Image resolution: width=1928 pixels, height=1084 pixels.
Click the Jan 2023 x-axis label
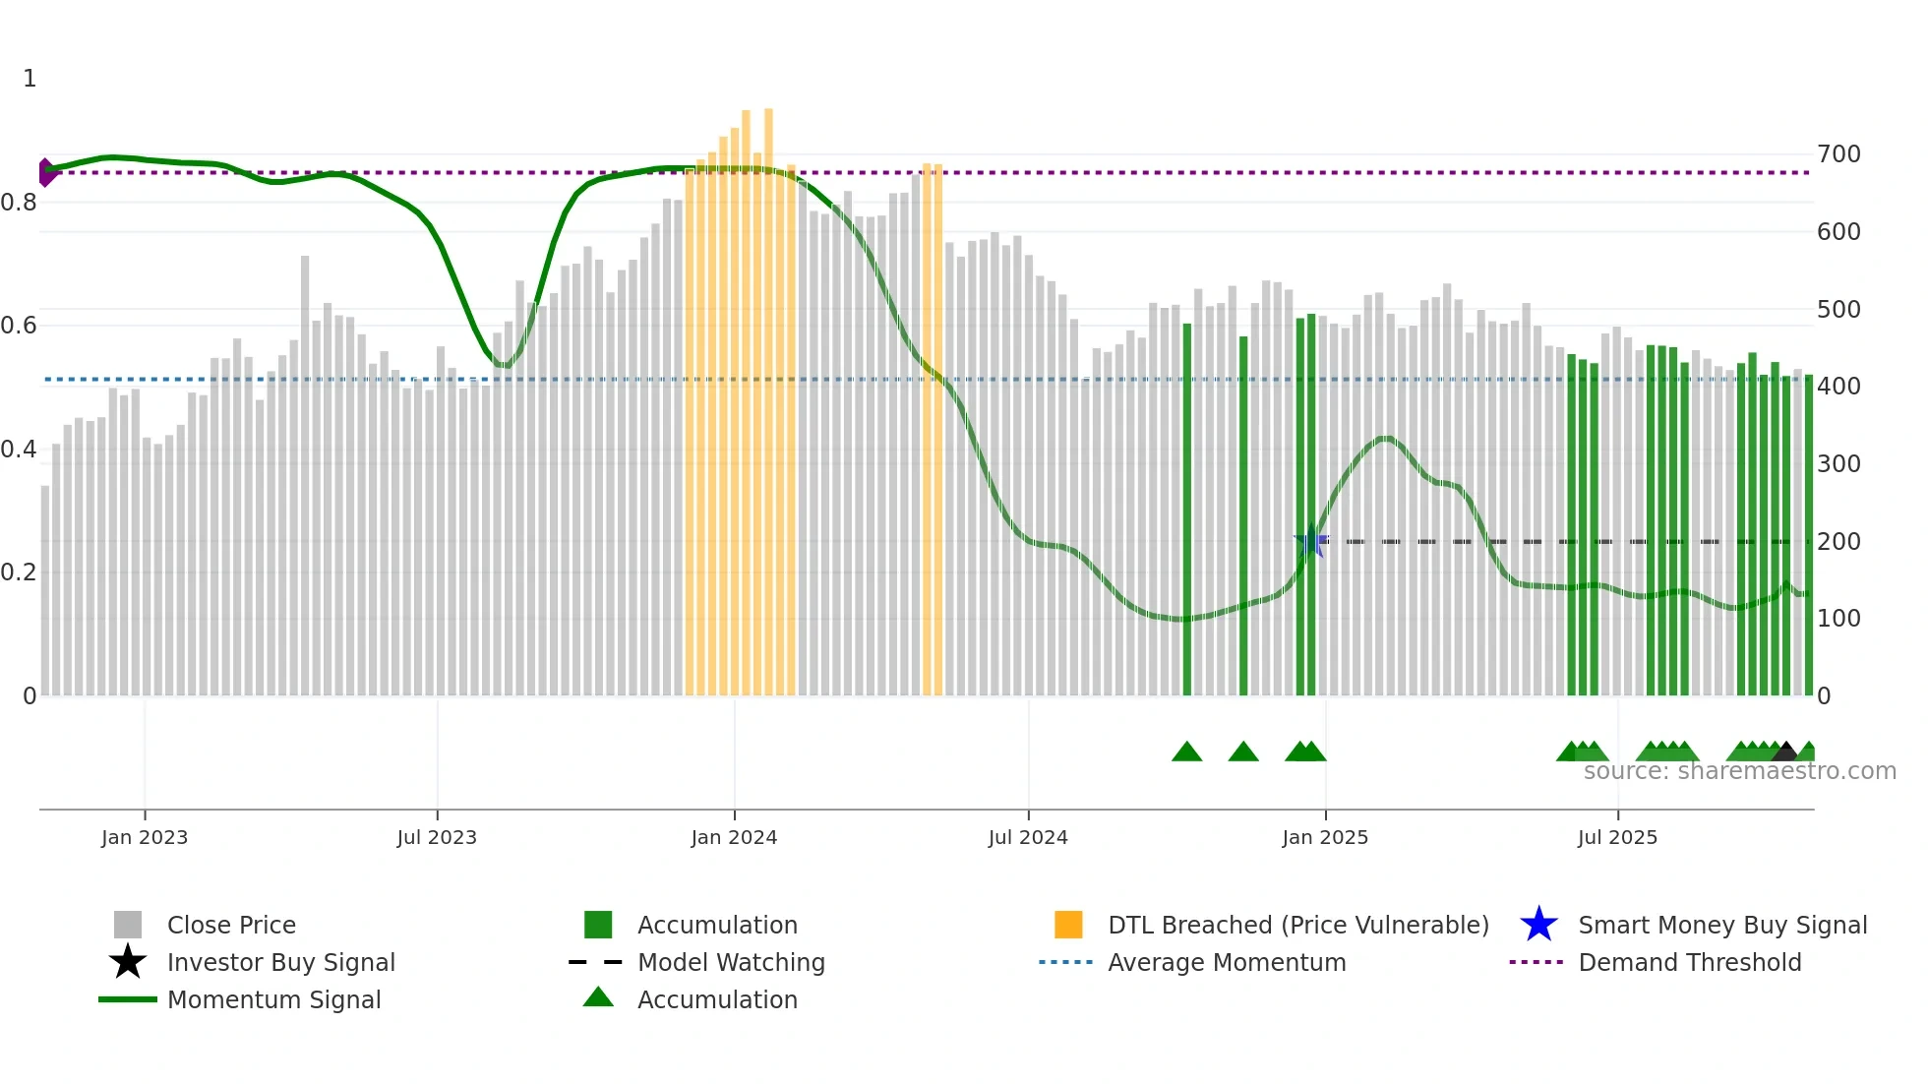point(145,837)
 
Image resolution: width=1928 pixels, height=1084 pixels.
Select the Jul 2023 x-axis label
point(437,837)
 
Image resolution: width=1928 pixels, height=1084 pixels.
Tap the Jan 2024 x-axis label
point(734,837)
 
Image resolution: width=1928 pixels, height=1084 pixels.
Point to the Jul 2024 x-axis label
point(1028,837)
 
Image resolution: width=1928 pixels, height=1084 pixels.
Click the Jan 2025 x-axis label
point(1325,837)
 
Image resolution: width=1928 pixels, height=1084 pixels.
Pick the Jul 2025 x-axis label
point(1617,837)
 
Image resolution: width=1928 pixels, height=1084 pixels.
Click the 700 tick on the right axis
point(1838,154)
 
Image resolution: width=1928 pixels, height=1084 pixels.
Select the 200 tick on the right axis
point(1838,542)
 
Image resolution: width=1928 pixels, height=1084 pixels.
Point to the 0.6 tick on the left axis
point(19,326)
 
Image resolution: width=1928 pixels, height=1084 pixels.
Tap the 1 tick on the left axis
point(30,79)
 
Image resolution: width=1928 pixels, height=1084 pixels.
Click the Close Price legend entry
point(231,926)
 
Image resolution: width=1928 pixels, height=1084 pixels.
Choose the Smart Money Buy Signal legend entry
point(1722,926)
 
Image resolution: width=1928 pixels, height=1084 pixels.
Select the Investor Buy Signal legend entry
point(280,963)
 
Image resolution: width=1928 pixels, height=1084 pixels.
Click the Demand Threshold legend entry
point(1689,963)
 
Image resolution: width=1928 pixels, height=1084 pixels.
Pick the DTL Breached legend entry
point(1297,926)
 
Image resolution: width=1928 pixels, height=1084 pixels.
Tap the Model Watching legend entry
point(731,963)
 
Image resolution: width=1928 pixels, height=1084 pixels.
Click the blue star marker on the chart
point(1311,542)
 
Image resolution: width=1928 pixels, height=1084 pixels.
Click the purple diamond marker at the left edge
point(46,173)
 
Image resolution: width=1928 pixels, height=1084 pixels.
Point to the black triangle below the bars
point(1785,752)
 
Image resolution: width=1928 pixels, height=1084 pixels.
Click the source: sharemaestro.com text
point(1739,771)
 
